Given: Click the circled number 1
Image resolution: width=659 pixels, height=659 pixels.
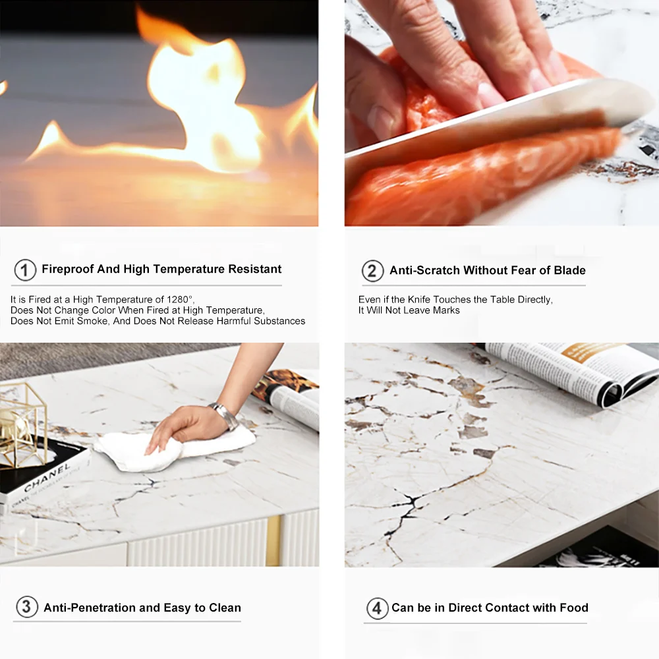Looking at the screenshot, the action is (x=25, y=270).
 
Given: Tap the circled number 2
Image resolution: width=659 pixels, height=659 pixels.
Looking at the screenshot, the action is (x=373, y=271).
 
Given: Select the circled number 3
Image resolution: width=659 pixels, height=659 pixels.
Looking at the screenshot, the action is (x=27, y=607).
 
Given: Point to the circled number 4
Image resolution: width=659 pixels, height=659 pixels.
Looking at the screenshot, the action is (x=377, y=608).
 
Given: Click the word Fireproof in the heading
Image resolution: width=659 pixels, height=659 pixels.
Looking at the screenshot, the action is (x=68, y=269).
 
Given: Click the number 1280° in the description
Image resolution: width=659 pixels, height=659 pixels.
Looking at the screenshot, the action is (x=179, y=299).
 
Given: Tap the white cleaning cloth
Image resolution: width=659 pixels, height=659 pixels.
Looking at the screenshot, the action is (x=175, y=447).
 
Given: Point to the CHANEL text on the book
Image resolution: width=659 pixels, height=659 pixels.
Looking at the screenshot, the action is (x=47, y=478).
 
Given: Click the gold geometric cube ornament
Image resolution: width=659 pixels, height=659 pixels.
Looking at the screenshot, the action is (x=21, y=424).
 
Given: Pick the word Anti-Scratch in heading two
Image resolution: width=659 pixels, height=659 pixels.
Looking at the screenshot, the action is (x=424, y=270).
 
